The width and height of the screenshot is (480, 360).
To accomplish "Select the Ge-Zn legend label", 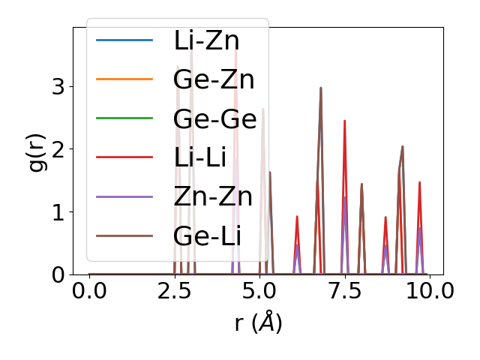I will click(x=214, y=79).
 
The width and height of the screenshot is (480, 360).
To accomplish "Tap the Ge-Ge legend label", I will click(x=214, y=118).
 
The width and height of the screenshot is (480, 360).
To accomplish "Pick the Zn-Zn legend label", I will click(x=213, y=196).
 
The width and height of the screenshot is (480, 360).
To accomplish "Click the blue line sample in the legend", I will click(x=124, y=40).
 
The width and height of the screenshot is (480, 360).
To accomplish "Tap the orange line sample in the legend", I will click(x=124, y=79).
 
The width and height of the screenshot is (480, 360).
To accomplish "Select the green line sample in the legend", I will click(x=124, y=118).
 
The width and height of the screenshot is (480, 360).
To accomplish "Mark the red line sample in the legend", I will click(x=124, y=157).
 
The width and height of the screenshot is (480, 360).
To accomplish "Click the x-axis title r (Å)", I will click(x=258, y=323).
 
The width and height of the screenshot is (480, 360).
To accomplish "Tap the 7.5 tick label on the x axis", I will click(x=344, y=291).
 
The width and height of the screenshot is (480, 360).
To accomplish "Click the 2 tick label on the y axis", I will click(x=58, y=149).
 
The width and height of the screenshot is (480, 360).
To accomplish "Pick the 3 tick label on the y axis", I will click(x=58, y=86).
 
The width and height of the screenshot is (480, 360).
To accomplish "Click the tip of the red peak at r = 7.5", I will click(x=344, y=121).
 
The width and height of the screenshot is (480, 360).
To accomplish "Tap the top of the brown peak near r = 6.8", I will click(x=321, y=88).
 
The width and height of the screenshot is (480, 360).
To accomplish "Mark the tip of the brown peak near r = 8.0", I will click(x=361, y=184).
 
